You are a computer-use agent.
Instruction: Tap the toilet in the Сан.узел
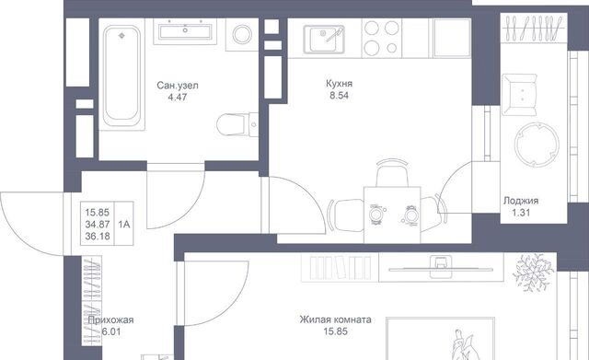click(237, 123)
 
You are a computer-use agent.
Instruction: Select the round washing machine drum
click(242, 35)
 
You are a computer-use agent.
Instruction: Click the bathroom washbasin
click(185, 31)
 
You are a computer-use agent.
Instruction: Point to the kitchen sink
click(324, 39)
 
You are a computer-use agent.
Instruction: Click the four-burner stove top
click(382, 38)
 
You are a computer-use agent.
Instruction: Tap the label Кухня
click(340, 84)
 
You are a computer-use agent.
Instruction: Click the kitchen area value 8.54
click(340, 96)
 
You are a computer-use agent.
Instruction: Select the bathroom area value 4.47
click(178, 98)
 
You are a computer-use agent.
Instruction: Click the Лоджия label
click(521, 201)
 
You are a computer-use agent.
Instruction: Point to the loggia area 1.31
click(521, 213)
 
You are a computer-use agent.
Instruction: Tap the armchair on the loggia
click(519, 95)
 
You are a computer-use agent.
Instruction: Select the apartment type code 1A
click(124, 225)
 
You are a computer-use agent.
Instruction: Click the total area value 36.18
click(98, 236)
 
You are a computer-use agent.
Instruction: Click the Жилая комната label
click(335, 319)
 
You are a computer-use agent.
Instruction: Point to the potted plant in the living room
click(533, 272)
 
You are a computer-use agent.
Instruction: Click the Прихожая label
click(110, 320)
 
